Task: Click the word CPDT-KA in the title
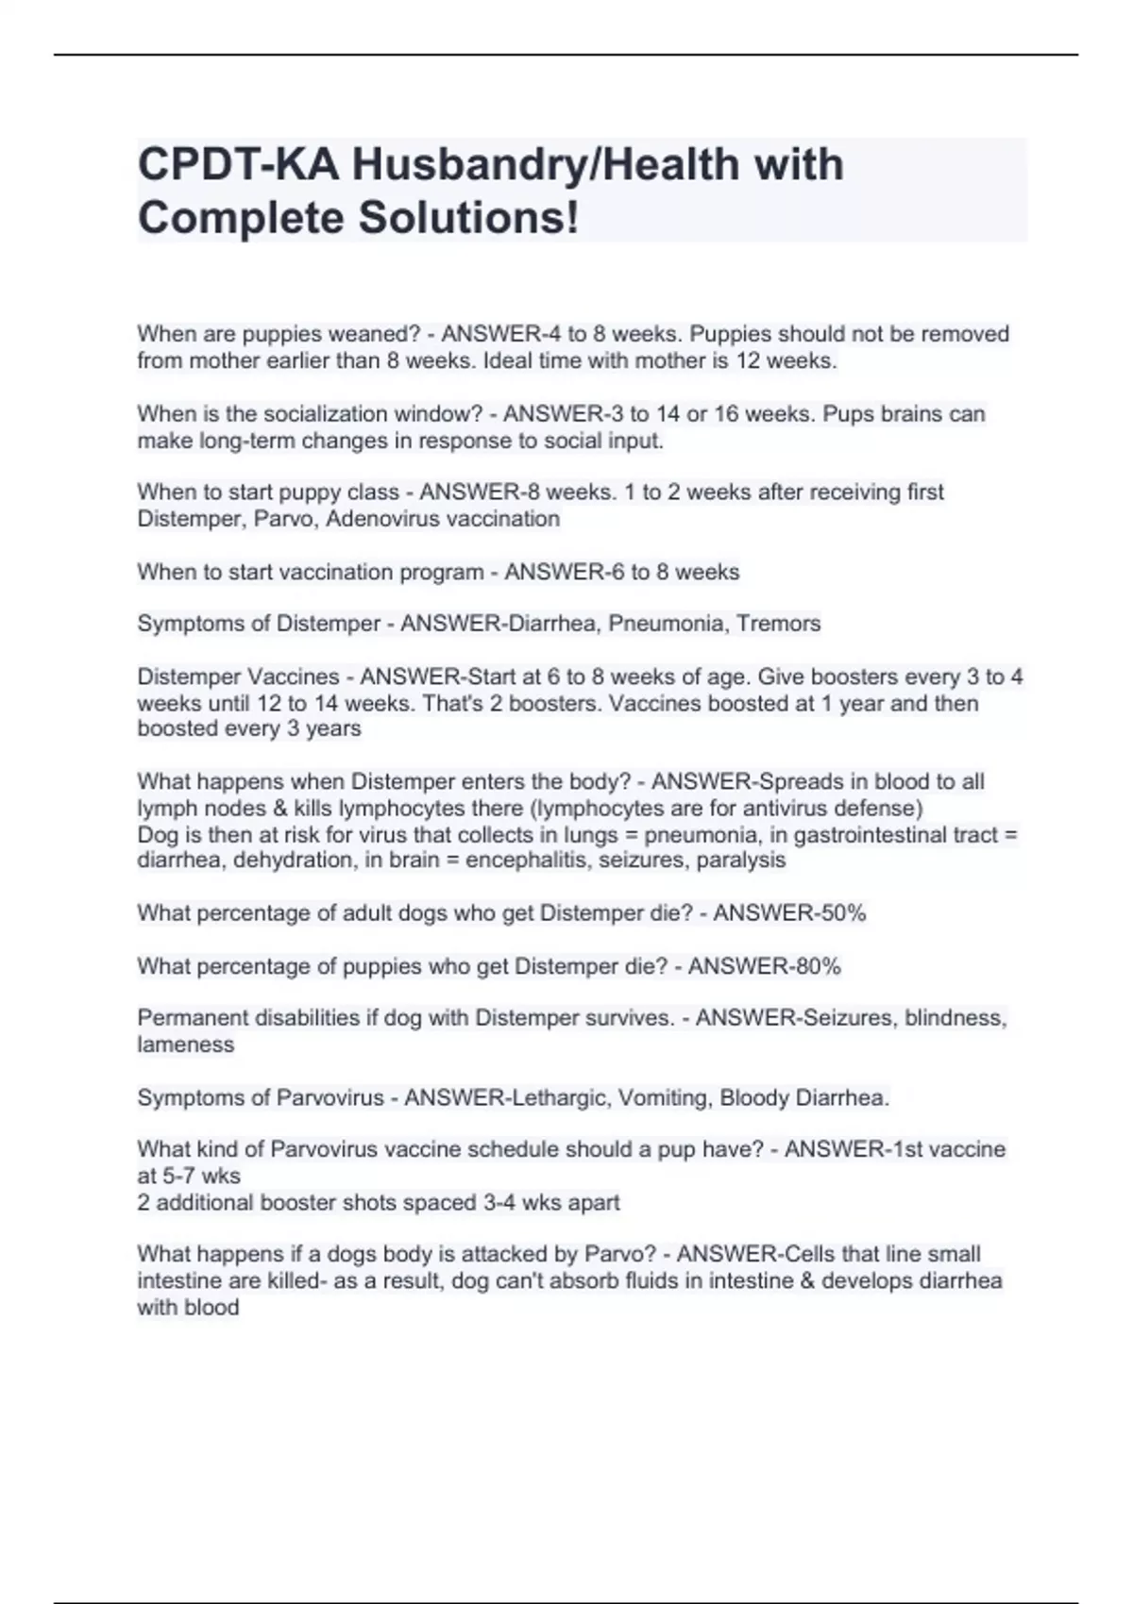click(239, 164)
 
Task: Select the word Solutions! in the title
click(468, 218)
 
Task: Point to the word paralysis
click(741, 860)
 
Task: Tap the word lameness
click(185, 1044)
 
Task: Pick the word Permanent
click(185, 1018)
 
